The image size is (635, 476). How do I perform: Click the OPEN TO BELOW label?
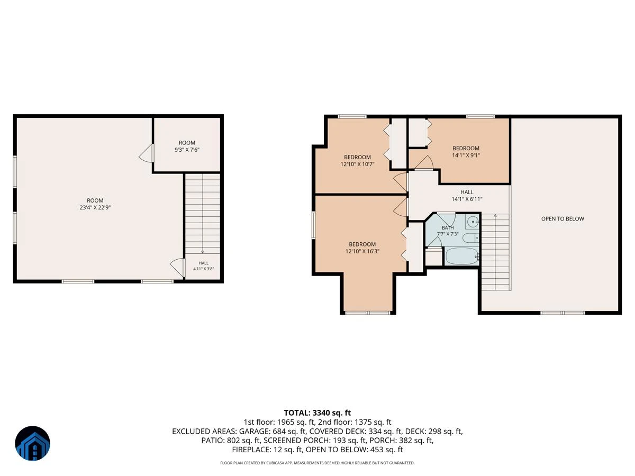[563, 219]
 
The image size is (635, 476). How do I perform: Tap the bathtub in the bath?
[462, 257]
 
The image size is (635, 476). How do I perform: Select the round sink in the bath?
[473, 222]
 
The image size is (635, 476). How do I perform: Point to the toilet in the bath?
[470, 238]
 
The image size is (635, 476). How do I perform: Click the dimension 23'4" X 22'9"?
[95, 207]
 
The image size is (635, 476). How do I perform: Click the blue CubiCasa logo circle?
[32, 443]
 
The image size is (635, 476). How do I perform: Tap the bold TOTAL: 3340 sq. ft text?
[317, 413]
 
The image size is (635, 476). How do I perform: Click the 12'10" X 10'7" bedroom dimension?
[357, 164]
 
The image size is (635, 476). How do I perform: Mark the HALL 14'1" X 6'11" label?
[467, 195]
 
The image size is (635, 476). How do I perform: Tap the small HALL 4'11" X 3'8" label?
[203, 266]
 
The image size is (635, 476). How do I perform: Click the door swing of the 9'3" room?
[147, 153]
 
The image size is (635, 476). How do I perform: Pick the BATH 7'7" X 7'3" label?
[448, 231]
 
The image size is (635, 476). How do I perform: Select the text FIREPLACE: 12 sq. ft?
[267, 450]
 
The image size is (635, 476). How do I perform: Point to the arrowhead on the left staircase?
[203, 252]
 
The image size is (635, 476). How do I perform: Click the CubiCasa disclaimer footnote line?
[317, 463]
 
